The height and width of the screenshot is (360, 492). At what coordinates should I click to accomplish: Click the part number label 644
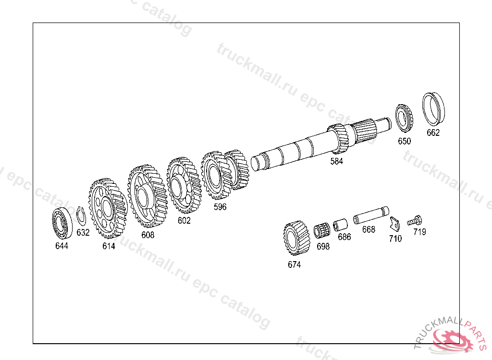click(61, 246)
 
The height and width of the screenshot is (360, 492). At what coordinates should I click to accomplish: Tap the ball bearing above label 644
click(62, 223)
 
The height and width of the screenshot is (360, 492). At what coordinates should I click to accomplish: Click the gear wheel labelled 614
click(108, 208)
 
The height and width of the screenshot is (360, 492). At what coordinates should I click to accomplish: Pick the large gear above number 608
click(147, 196)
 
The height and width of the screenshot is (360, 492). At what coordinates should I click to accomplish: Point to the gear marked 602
click(184, 185)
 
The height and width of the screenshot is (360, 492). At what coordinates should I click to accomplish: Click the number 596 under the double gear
click(220, 207)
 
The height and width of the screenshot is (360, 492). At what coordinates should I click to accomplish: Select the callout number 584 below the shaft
click(337, 161)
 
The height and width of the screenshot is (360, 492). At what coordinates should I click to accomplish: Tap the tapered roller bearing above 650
click(404, 118)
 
